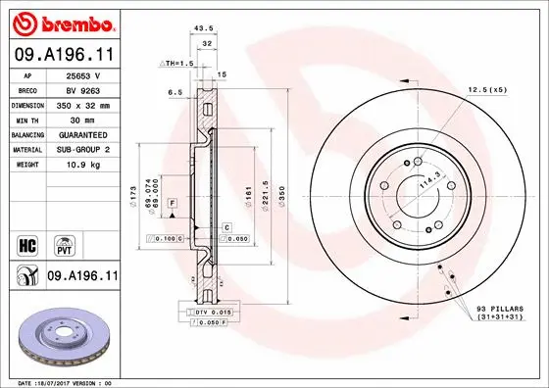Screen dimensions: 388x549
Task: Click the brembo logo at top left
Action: pos(61,22)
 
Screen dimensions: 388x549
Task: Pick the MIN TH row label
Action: pos(27,118)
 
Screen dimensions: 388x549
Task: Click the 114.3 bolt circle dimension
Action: pos(424,183)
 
